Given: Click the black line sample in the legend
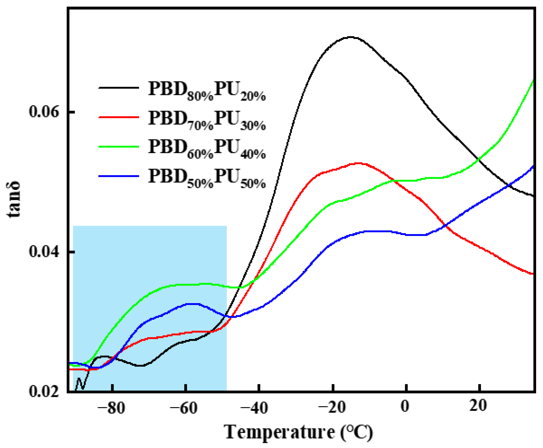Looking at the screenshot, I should [119, 88].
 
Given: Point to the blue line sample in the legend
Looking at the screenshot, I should [119, 176].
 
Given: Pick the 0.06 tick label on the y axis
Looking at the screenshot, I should [44, 112].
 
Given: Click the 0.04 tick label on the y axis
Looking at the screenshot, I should [44, 252].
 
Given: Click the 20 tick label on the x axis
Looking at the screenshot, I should [478, 407].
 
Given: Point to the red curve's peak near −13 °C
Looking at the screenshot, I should [358, 163].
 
